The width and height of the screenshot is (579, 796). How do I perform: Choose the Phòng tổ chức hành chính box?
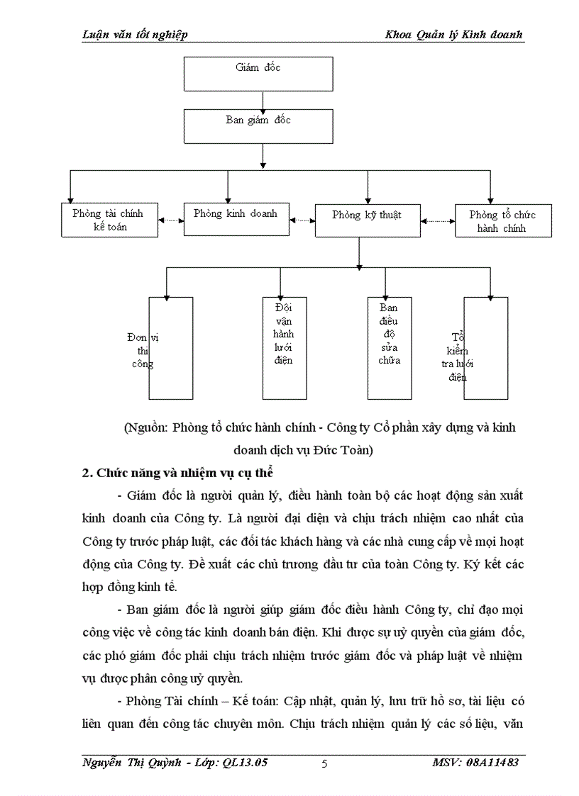pyautogui.click(x=502, y=221)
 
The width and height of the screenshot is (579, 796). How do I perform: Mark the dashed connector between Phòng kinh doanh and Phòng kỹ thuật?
pyautogui.click(x=303, y=220)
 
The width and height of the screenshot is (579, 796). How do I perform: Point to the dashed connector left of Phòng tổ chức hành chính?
pyautogui.click(x=438, y=221)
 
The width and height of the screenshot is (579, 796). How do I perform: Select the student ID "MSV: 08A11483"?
pyautogui.click(x=475, y=763)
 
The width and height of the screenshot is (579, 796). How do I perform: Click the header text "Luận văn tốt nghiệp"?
pyautogui.click(x=135, y=35)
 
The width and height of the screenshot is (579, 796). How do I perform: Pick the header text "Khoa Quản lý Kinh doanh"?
pyautogui.click(x=453, y=35)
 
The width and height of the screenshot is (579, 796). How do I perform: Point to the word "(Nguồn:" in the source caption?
pyautogui.click(x=145, y=428)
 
